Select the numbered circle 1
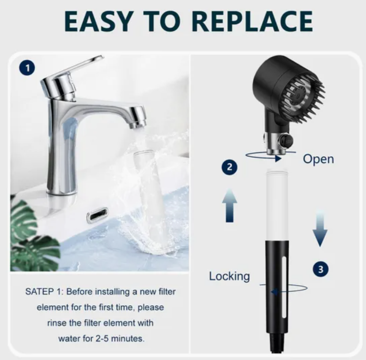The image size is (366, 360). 27,68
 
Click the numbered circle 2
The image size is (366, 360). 230,167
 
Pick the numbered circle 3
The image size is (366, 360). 320,269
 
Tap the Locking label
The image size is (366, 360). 229,276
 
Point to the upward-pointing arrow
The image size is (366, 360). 230,205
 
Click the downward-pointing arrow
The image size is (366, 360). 320,228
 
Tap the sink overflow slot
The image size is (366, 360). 98,215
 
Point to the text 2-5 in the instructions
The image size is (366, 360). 103,338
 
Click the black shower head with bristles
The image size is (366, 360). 288,90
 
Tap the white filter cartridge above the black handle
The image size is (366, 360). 277,205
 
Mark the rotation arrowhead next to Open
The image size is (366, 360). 278,159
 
